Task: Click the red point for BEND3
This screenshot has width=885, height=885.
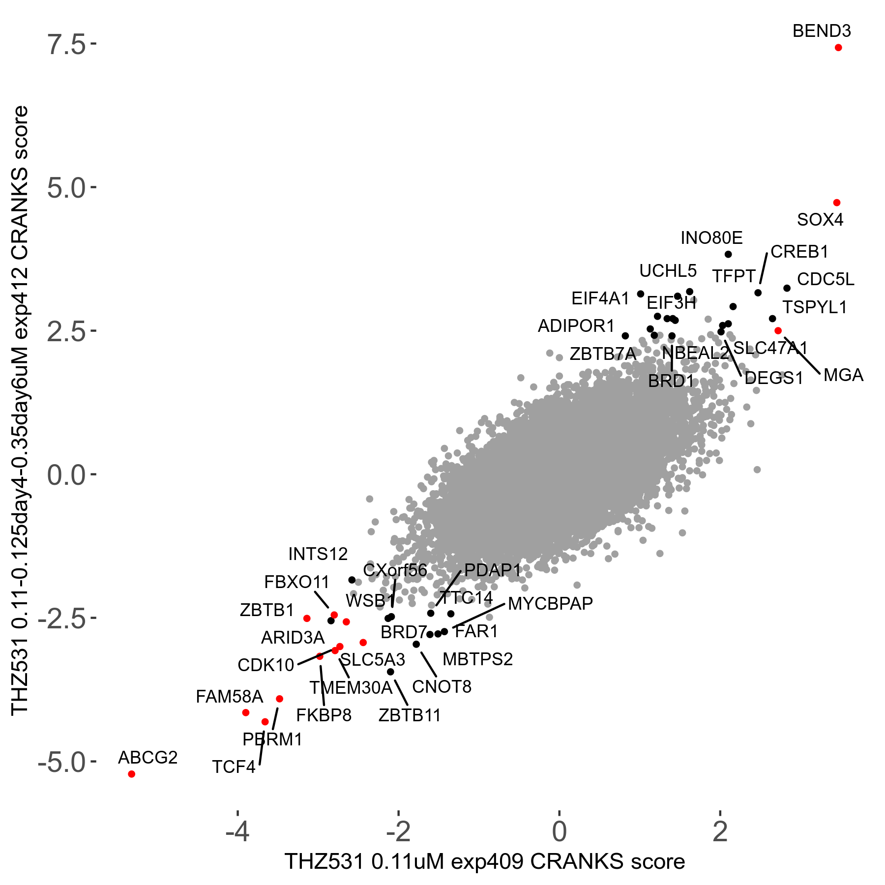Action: [838, 48]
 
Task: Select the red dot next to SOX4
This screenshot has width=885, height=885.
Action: [837, 203]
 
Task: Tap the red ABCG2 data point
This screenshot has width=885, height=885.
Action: [131, 774]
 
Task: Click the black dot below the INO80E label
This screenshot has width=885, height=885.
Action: [728, 254]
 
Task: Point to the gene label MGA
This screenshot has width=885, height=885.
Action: [843, 375]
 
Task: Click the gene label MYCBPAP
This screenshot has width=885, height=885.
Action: [550, 603]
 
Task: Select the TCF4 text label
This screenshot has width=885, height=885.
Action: [234, 767]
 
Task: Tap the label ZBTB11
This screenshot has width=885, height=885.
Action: [410, 715]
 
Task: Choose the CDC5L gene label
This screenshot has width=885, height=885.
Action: [826, 279]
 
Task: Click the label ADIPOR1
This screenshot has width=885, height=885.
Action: [576, 325]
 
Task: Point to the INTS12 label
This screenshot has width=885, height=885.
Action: [318, 554]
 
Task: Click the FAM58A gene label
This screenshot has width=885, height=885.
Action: [230, 697]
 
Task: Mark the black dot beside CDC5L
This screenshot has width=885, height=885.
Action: [787, 288]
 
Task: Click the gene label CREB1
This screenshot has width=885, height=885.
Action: [799, 252]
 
